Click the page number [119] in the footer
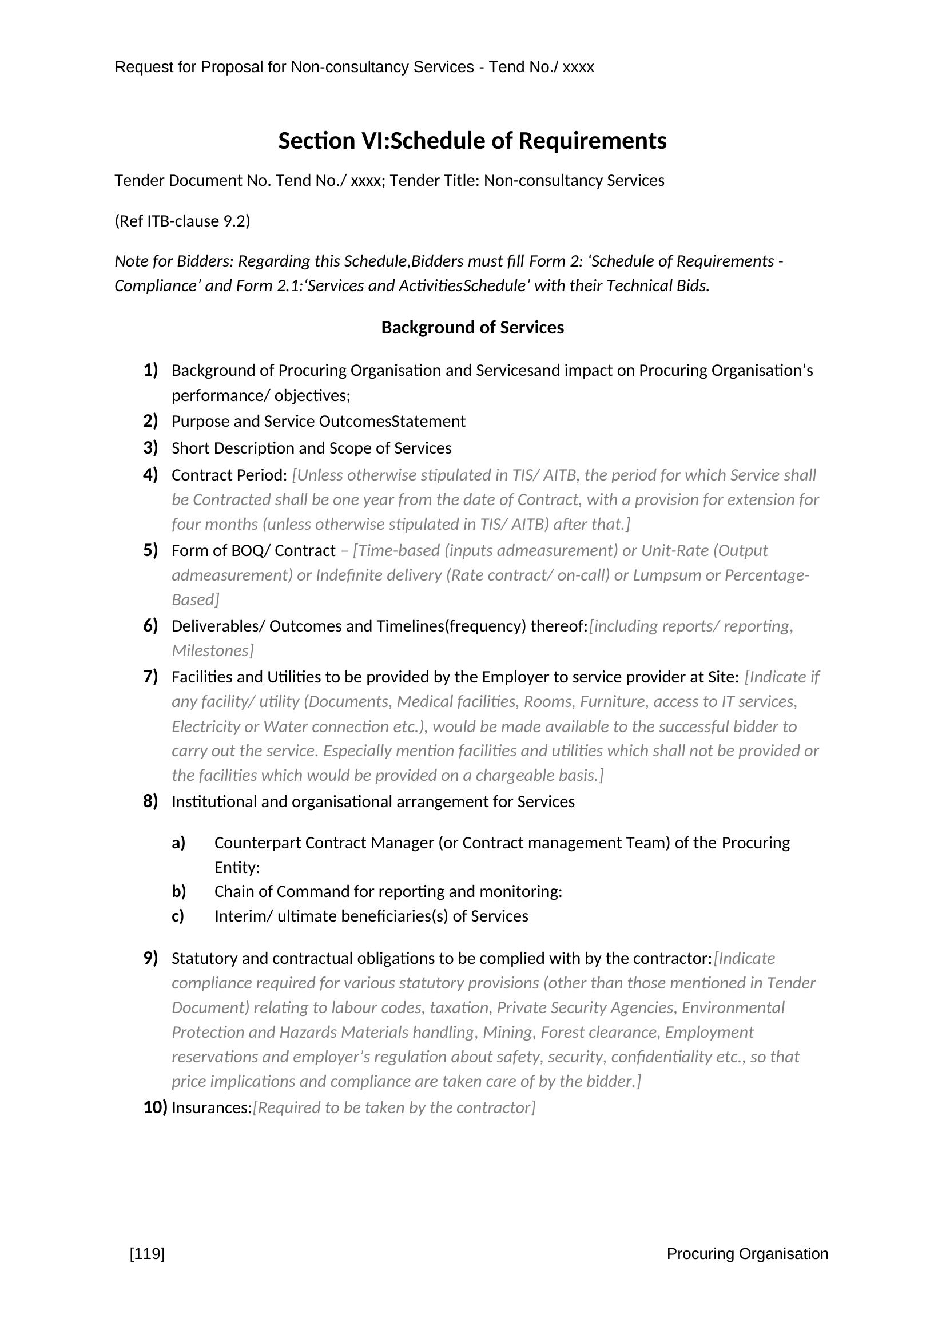pyautogui.click(x=147, y=1254)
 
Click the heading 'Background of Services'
pyautogui.click(x=472, y=328)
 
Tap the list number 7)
pyautogui.click(x=150, y=677)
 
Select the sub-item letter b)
pyautogui.click(x=178, y=892)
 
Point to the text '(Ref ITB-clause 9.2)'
pyautogui.click(x=182, y=221)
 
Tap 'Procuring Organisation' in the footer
pyautogui.click(x=747, y=1254)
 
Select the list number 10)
pyautogui.click(x=155, y=1107)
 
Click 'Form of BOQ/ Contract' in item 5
pyautogui.click(x=253, y=551)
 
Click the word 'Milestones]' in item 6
pyautogui.click(x=213, y=651)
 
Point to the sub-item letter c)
pyautogui.click(x=178, y=916)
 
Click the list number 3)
pyautogui.click(x=150, y=448)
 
